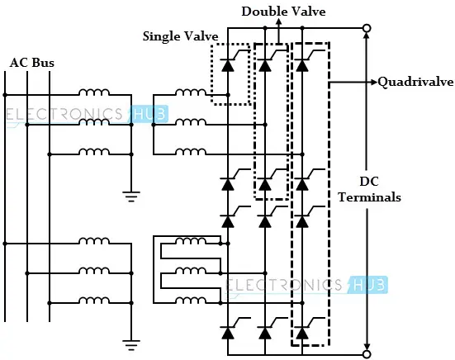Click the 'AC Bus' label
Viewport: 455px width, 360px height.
[x=32, y=63]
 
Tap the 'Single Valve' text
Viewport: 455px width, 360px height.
[x=181, y=36]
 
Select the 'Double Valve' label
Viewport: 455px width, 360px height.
[x=283, y=12]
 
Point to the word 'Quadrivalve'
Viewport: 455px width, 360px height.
[x=416, y=82]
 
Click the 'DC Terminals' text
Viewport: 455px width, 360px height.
[x=369, y=189]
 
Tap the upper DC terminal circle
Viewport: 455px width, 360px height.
[x=367, y=28]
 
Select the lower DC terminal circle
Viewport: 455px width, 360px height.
[x=367, y=354]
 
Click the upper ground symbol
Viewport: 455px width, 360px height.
[x=131, y=197]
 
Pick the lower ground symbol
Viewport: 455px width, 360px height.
[x=131, y=345]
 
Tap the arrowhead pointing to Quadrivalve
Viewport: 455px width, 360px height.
[x=374, y=82]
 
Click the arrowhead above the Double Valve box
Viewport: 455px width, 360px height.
[x=278, y=21]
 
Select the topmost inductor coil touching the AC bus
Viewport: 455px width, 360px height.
[x=94, y=92]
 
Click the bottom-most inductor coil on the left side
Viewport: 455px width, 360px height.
[x=94, y=300]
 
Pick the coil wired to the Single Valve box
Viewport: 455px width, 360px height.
[x=191, y=92]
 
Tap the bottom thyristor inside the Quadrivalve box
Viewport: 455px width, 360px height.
[x=302, y=333]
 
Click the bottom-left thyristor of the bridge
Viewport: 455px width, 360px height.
[x=228, y=333]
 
